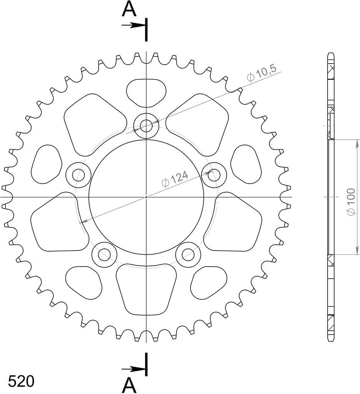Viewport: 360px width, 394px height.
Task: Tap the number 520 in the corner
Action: tap(21, 381)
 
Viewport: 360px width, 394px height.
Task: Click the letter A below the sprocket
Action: tap(129, 386)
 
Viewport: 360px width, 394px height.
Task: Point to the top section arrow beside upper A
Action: tap(133, 25)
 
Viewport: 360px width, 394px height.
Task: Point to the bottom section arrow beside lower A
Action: tap(133, 369)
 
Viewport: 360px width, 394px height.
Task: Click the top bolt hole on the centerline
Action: tap(146, 125)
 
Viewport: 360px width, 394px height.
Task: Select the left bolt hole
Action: tap(78, 175)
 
